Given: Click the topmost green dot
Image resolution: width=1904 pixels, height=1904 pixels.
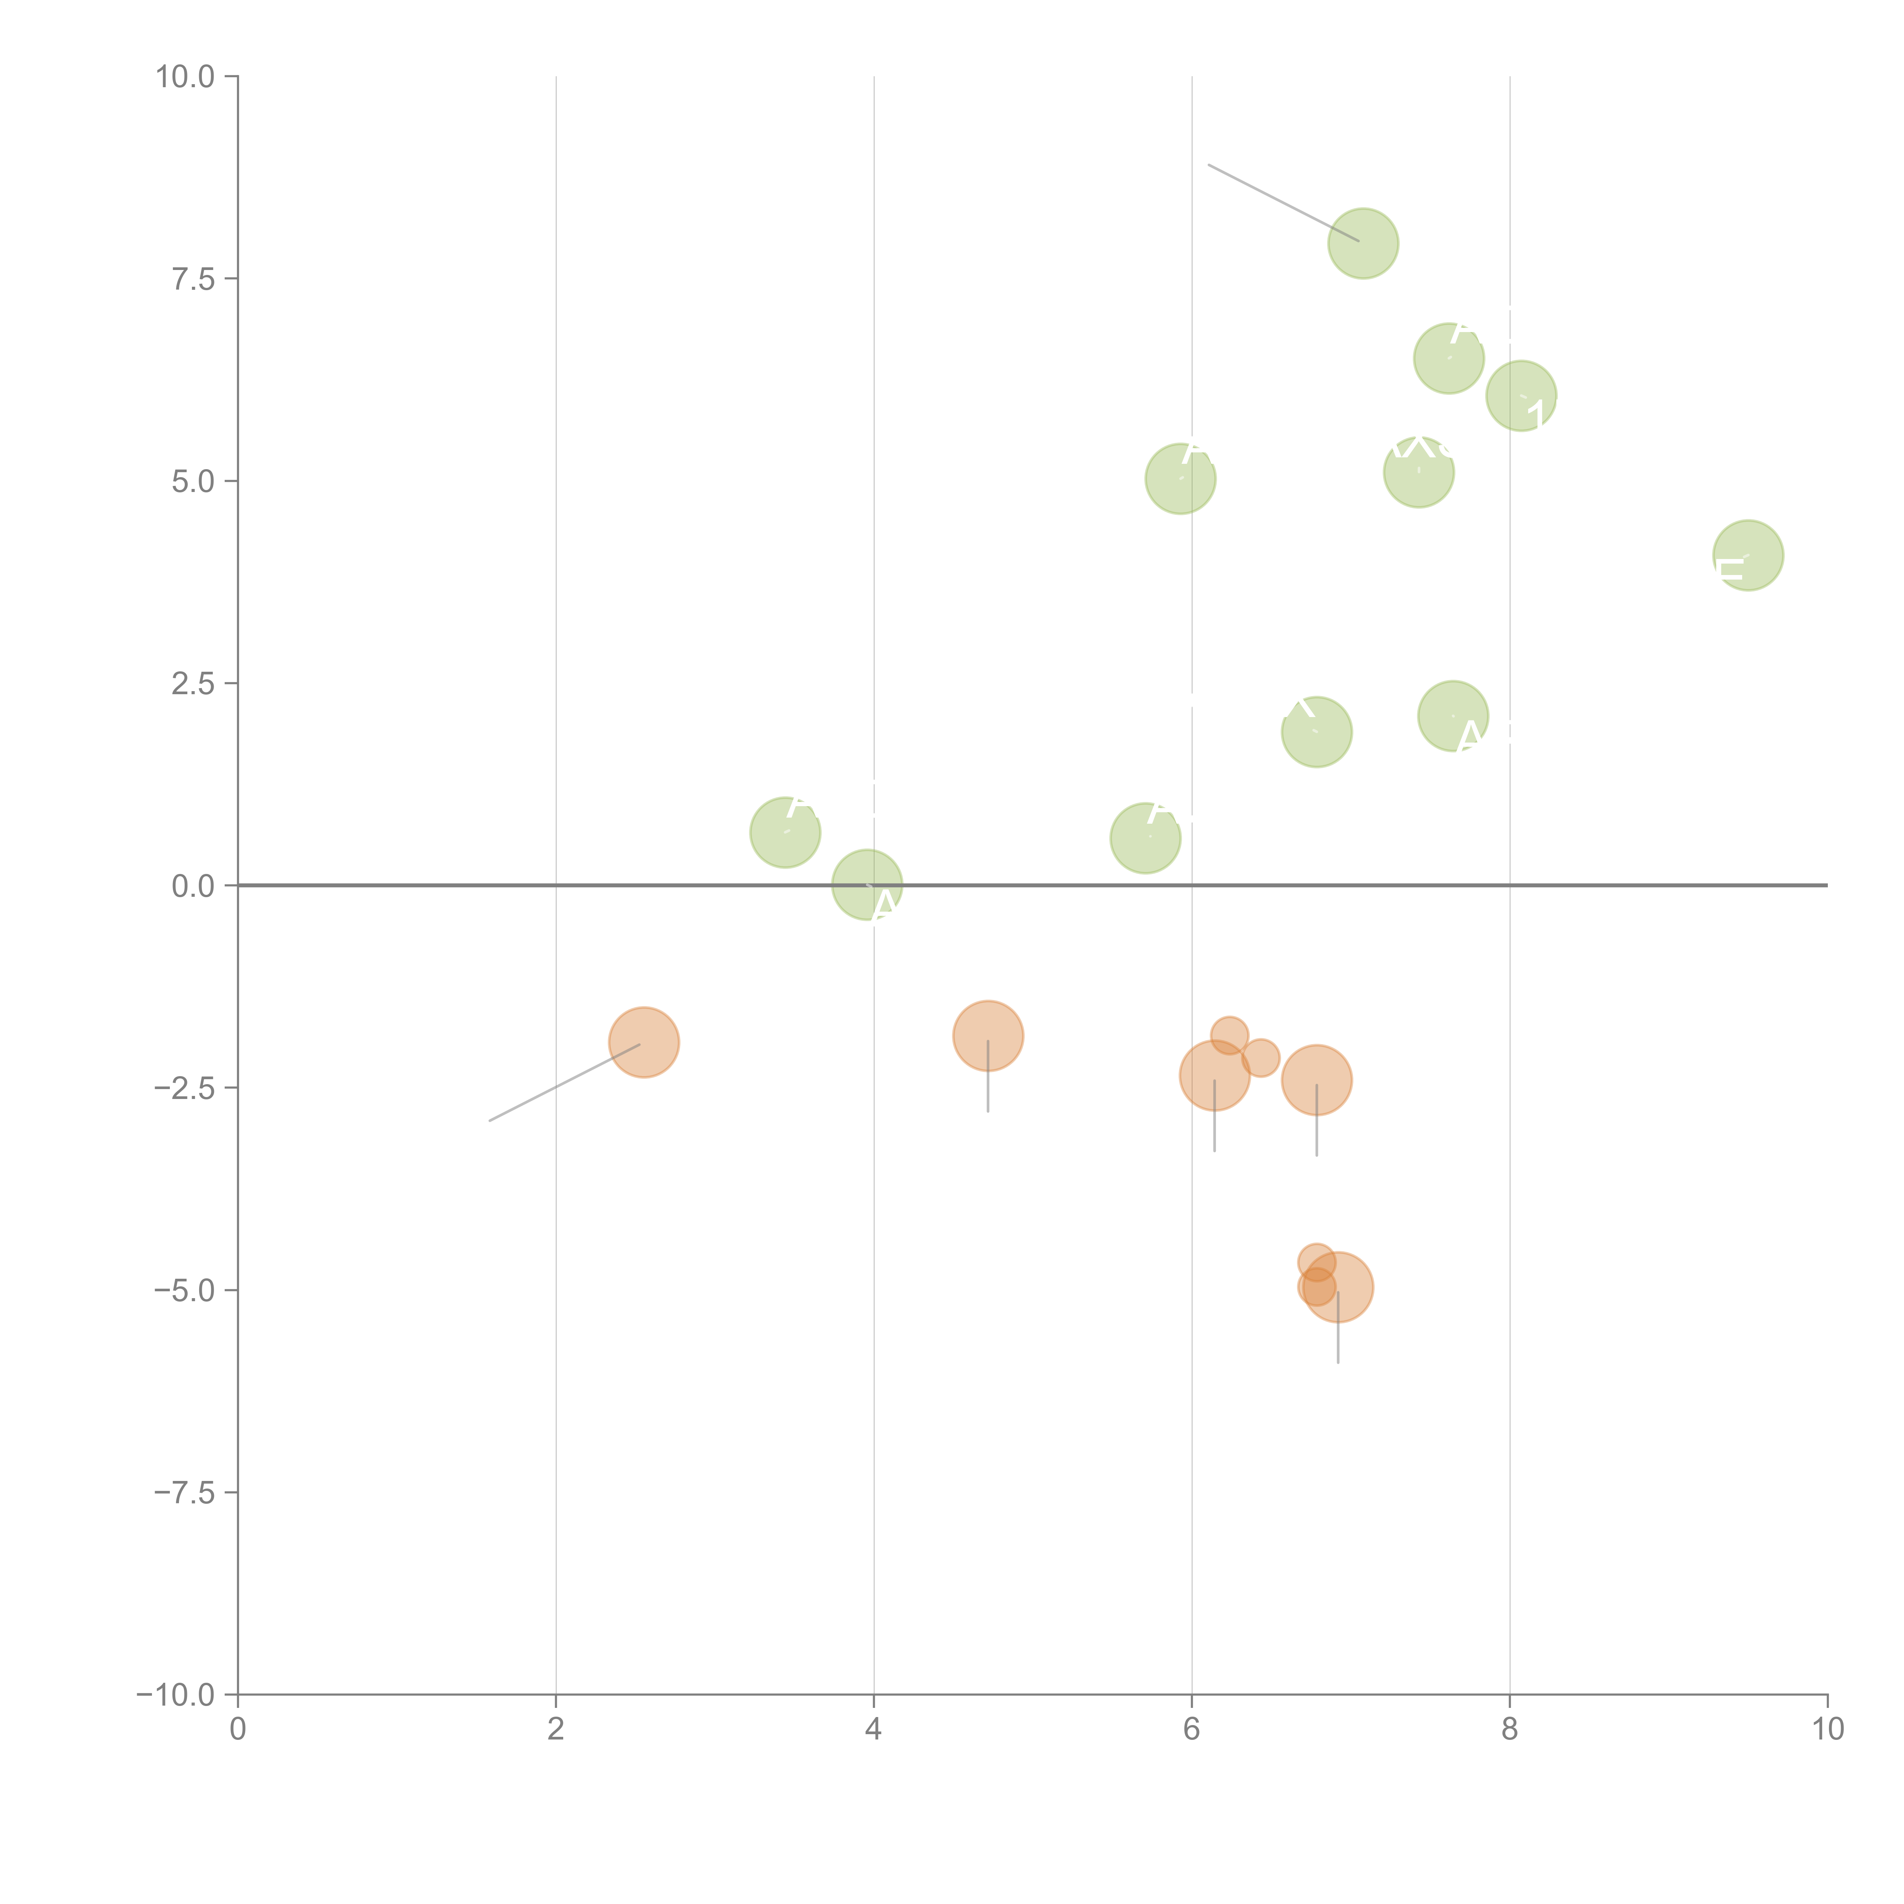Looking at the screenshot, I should tap(1363, 243).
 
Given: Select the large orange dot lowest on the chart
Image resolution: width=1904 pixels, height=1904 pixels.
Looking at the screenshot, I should tap(1338, 1287).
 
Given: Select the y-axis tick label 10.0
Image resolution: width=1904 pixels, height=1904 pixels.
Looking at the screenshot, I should tap(185, 77).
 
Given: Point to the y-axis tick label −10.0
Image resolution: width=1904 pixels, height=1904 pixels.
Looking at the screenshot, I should tap(176, 1695).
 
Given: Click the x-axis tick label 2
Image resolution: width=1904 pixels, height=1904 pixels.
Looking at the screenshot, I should tap(556, 1730).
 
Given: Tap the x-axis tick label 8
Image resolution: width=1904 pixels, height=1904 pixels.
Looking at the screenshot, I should tap(1510, 1730).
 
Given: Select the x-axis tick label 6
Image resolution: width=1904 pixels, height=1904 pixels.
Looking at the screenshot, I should tap(1192, 1730).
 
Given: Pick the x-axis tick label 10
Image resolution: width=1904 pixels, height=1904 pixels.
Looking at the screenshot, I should tap(1827, 1730).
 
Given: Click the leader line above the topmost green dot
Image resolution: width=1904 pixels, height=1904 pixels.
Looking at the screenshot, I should tap(1281, 202).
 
